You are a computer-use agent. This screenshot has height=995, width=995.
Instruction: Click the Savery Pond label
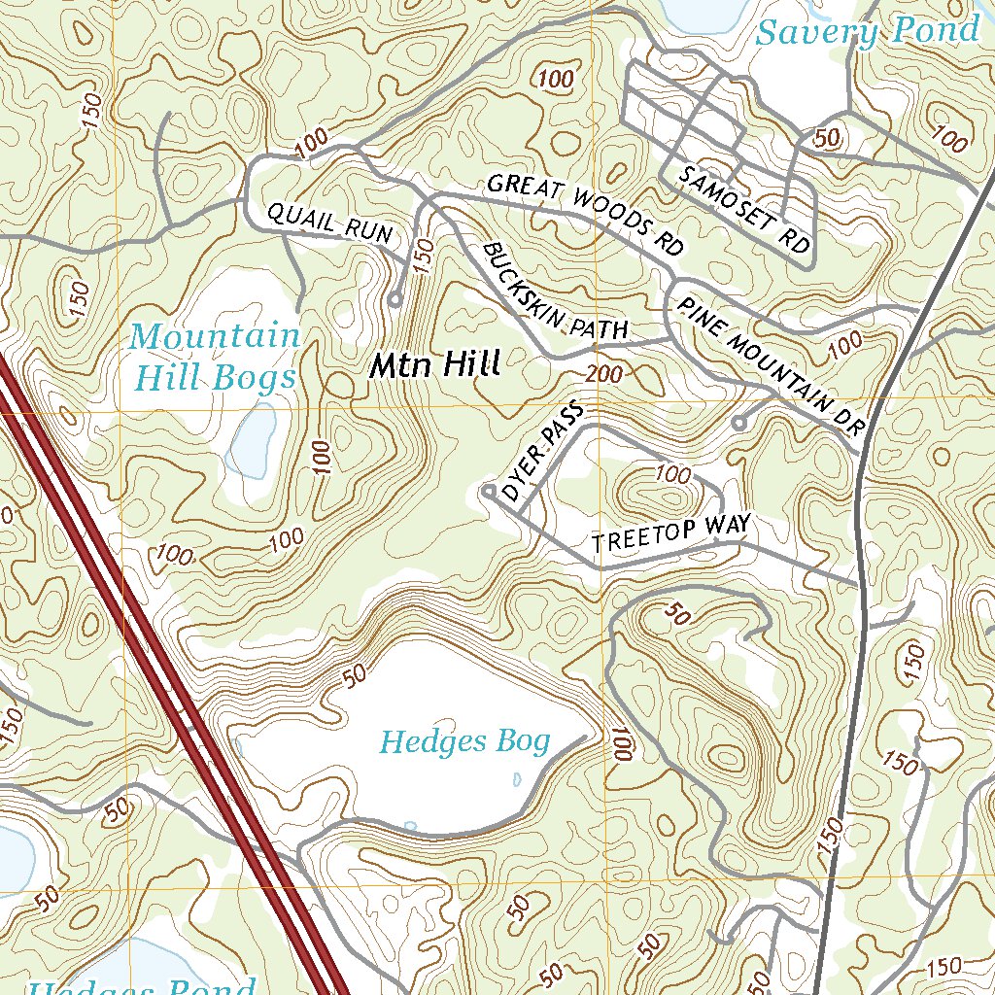868,31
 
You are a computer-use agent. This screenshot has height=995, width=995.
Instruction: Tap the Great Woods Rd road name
583,214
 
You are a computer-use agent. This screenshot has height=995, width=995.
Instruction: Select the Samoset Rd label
745,210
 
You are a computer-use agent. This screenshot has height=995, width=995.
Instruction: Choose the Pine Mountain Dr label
771,364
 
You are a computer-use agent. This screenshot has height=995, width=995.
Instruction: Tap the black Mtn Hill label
434,365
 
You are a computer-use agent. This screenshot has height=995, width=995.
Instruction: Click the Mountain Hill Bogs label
215,356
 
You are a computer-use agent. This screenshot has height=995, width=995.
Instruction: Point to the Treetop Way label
671,534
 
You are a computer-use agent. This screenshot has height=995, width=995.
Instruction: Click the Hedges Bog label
464,742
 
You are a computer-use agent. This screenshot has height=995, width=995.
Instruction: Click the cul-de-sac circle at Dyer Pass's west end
488,493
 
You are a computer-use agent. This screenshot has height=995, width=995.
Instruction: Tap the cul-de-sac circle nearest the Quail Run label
395,301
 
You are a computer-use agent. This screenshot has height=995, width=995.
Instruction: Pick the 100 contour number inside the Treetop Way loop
672,474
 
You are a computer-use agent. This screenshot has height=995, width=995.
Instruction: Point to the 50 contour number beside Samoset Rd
827,138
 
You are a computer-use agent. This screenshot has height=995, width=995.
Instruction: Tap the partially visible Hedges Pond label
141,985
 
